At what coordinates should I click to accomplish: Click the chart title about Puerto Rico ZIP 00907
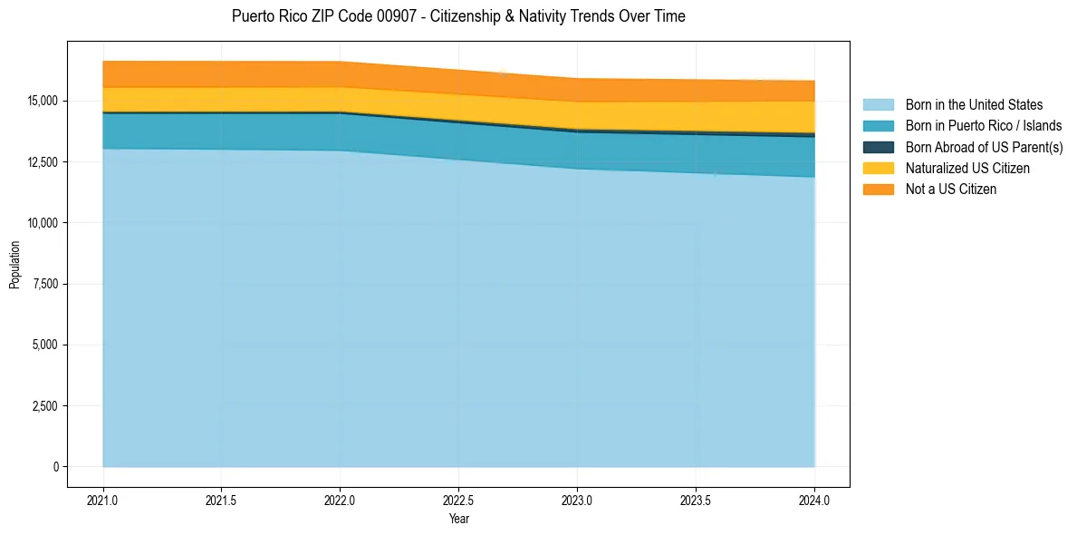[x=458, y=16]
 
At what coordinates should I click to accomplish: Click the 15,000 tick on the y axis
[x=43, y=101]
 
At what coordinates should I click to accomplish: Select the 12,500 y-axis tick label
[x=43, y=162]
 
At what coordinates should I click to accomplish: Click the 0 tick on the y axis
[x=56, y=467]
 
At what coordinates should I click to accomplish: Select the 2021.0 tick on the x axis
[x=103, y=500]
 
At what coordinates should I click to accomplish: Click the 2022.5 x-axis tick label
[x=459, y=500]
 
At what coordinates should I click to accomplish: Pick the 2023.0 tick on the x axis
[x=578, y=500]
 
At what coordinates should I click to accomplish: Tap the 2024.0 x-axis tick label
[x=815, y=500]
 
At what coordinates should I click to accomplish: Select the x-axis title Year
[x=459, y=519]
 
